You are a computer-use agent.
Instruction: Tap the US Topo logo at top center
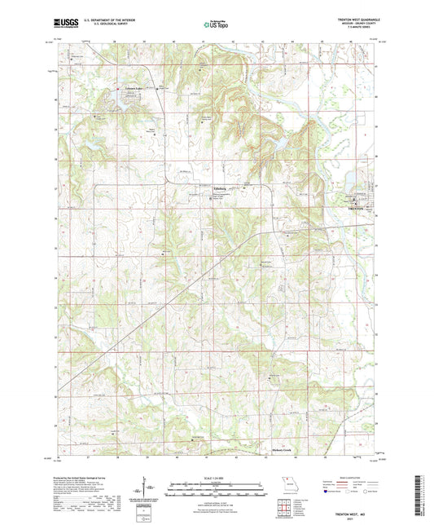point(216,25)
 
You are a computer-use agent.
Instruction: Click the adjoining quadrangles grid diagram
point(283,501)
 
